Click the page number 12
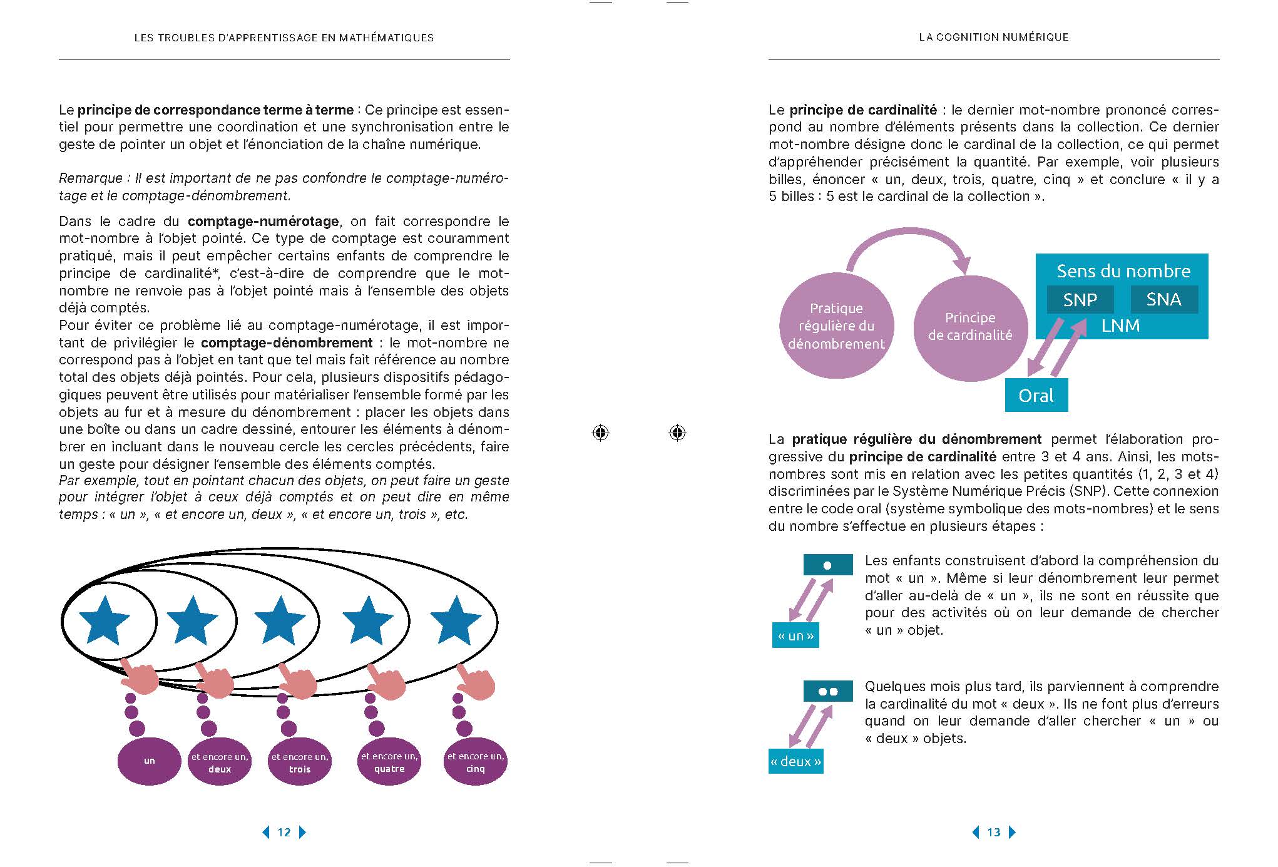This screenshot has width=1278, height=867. pyautogui.click(x=284, y=832)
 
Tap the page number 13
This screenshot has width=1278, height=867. pyautogui.click(x=993, y=832)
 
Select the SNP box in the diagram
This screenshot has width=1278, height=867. pyautogui.click(x=1080, y=299)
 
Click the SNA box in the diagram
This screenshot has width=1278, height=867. pyautogui.click(x=1163, y=299)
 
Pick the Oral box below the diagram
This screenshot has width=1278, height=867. pyautogui.click(x=1036, y=396)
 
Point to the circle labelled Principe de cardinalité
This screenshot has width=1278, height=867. pyautogui.click(x=969, y=327)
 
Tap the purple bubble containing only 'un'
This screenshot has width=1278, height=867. pyautogui.click(x=149, y=761)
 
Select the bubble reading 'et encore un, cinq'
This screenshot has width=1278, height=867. pyautogui.click(x=475, y=762)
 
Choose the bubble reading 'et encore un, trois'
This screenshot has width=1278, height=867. pyautogui.click(x=299, y=762)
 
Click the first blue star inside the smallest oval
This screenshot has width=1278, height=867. pyautogui.click(x=104, y=620)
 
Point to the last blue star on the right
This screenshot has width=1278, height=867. pyautogui.click(x=456, y=620)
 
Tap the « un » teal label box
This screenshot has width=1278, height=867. pyautogui.click(x=795, y=636)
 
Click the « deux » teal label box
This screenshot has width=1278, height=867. pyautogui.click(x=795, y=761)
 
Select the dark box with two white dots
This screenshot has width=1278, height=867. pyautogui.click(x=828, y=691)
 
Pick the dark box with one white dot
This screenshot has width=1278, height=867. pyautogui.click(x=827, y=565)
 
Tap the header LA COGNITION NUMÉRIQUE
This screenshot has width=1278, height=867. pyautogui.click(x=993, y=38)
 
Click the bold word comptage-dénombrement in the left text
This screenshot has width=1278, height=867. pyautogui.click(x=287, y=342)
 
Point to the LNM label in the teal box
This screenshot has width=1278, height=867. pyautogui.click(x=1120, y=326)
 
